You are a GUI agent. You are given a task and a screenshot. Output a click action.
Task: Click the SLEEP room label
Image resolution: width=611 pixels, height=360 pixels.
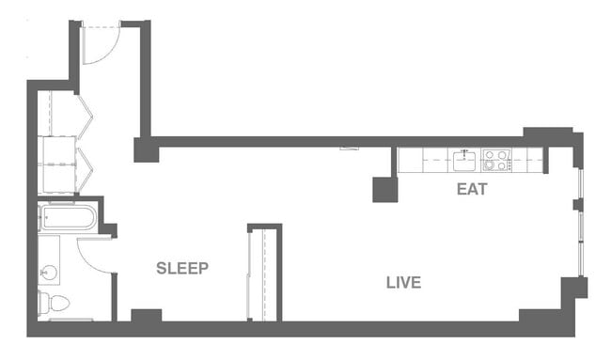click(181, 268)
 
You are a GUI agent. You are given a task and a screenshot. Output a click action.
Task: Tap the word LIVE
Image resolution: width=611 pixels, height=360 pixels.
click(403, 282)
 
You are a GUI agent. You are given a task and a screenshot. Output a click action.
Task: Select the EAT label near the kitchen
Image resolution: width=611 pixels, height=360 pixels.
click(472, 189)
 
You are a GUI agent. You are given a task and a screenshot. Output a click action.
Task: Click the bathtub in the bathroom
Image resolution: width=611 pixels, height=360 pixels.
click(66, 219)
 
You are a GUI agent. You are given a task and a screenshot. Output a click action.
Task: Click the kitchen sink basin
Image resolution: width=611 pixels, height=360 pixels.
click(463, 160)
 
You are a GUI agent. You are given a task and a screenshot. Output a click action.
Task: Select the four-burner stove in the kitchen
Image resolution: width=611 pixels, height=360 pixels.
click(495, 160)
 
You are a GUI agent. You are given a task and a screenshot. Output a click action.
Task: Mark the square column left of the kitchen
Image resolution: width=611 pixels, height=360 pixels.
click(384, 190)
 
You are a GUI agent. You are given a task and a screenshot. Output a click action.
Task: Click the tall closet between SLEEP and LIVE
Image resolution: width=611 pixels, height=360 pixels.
click(263, 273)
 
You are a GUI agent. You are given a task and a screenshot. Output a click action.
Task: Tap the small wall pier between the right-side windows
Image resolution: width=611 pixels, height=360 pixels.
click(579, 204)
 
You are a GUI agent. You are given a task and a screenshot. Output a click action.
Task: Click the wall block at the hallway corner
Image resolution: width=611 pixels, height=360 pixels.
click(145, 149)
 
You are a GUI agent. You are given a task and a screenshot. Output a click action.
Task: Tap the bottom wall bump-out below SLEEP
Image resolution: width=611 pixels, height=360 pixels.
click(146, 317)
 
